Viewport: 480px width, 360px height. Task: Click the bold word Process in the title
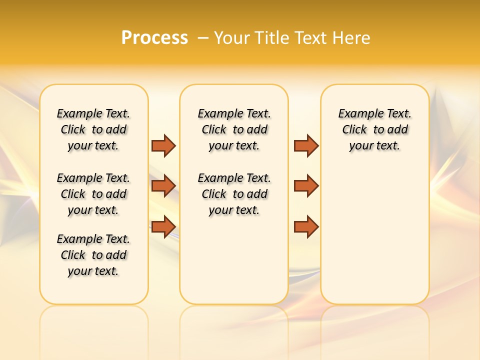tap(154, 38)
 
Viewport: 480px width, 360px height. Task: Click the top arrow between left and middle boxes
tap(163, 145)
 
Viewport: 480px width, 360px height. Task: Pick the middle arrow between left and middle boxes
tap(163, 186)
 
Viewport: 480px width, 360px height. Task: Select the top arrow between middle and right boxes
tap(306, 145)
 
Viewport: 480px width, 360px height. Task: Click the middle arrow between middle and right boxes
tap(306, 186)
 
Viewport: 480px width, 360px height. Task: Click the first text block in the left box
tap(93, 129)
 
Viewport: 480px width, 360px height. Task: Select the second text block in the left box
tap(93, 194)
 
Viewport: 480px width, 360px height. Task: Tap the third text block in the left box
tap(93, 255)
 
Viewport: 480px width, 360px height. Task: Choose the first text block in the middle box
tap(234, 129)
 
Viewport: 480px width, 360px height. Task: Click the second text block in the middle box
tap(234, 194)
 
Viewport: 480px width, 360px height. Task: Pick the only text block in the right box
tap(374, 129)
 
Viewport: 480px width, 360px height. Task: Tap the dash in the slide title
tap(203, 38)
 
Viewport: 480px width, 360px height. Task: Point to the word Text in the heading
tap(313, 38)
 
